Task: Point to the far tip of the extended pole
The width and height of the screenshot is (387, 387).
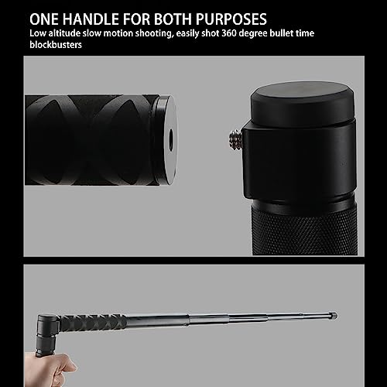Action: [x=335, y=316]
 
